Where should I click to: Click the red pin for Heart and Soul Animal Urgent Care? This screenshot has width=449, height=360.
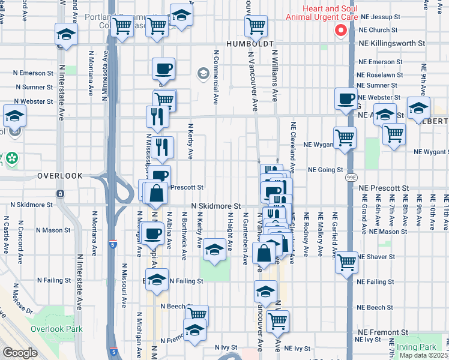pyautogui.click(x=341, y=31)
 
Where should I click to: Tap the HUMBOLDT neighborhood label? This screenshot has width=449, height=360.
pyautogui.click(x=250, y=44)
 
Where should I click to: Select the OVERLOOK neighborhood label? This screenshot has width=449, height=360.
pyautogui.click(x=59, y=176)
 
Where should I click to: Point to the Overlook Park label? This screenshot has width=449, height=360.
pyautogui.click(x=56, y=329)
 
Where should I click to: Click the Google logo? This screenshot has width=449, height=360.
pyautogui.click(x=20, y=353)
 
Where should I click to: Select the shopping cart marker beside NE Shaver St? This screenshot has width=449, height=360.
pyautogui.click(x=346, y=262)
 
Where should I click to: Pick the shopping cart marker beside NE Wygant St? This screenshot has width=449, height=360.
pyautogui.click(x=345, y=137)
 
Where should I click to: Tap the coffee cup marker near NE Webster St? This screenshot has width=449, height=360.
pyautogui.click(x=346, y=98)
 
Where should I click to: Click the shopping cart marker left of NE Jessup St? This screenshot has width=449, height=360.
pyautogui.click(x=256, y=26)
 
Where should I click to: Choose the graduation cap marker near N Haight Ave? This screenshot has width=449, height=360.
pyautogui.click(x=214, y=249)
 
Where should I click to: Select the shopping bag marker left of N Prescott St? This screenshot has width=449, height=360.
pyautogui.click(x=156, y=193)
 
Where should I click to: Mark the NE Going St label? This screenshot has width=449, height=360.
pyautogui.click(x=325, y=170)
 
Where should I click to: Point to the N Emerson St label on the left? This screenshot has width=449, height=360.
pyautogui.click(x=32, y=73)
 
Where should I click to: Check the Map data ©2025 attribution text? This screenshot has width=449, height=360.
pyautogui.click(x=423, y=355)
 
